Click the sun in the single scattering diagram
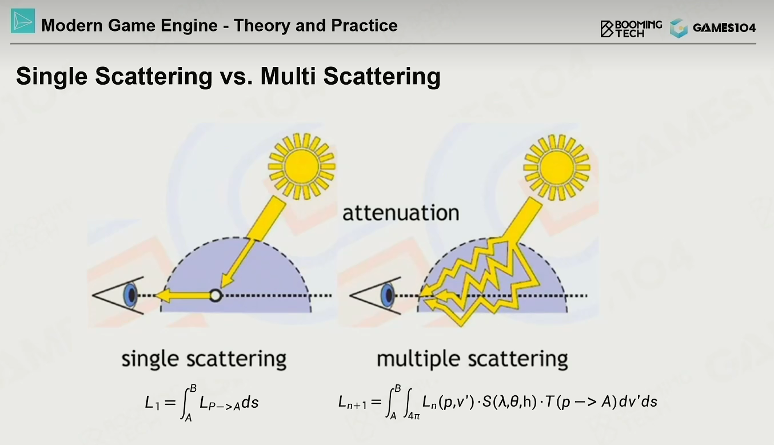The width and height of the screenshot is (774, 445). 302,166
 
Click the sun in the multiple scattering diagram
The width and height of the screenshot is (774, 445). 557,168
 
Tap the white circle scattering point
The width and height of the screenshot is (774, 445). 216,296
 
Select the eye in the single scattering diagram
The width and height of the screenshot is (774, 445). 118,296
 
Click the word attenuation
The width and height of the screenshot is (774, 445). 401,213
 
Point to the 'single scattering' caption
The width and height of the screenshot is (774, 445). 204,359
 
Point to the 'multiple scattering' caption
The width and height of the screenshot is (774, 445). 472,359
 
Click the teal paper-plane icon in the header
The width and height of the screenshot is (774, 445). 23,21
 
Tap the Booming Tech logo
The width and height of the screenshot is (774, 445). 631,29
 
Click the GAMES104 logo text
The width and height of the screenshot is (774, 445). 724,27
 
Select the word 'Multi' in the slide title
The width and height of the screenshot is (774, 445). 288,76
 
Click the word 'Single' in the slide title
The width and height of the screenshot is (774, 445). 52,77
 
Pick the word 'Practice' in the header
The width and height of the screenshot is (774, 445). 364,26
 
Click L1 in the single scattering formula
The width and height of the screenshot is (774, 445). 153,403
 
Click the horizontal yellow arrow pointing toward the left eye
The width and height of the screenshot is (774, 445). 183,296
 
